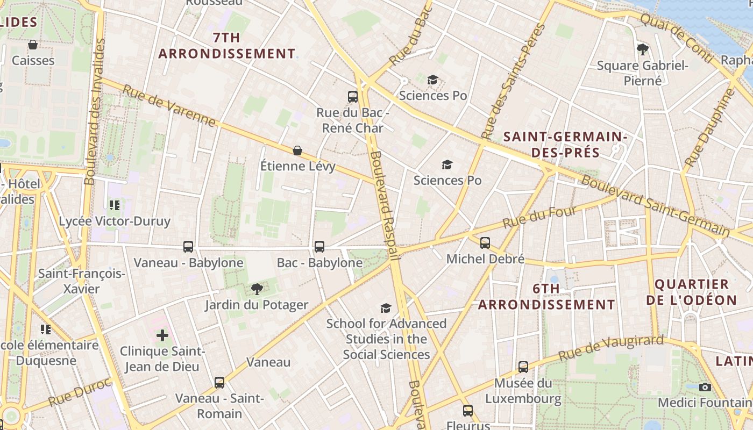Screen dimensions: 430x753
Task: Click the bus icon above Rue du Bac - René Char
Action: coord(353,97)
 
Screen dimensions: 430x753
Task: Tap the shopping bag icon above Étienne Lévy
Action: coord(297,150)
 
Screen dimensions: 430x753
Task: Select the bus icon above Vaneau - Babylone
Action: coord(188,247)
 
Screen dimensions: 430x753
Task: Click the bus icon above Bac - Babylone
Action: coord(319,247)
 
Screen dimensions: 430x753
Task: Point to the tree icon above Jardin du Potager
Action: coord(257,289)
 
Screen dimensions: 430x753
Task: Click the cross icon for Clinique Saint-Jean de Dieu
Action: coord(162,336)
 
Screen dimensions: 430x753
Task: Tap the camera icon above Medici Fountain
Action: coord(705,387)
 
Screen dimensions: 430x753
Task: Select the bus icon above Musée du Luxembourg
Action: coord(523,367)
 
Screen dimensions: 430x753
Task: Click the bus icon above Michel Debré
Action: coord(485,243)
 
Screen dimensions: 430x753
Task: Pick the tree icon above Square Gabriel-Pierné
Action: coord(642,49)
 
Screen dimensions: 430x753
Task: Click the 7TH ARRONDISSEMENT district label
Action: coord(226,46)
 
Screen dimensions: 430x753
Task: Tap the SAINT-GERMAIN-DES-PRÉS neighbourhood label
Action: coord(565,145)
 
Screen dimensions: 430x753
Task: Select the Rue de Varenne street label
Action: coord(169,106)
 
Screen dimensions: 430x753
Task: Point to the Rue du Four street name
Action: coord(539,217)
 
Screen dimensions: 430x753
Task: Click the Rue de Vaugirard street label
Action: coord(611,348)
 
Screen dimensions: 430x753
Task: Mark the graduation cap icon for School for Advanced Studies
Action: coord(386,308)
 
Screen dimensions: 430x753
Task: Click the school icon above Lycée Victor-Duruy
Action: coord(114,205)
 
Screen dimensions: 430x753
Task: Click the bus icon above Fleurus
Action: coord(468,411)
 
